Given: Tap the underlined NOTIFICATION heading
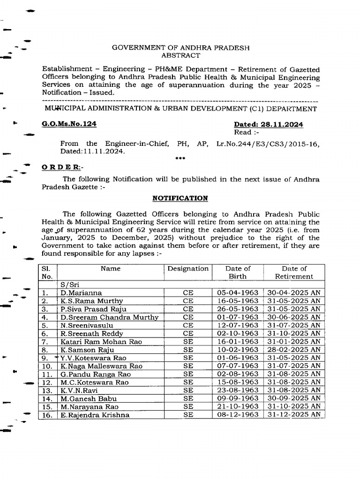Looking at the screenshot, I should click(x=180, y=198).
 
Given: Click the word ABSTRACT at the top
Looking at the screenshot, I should click(x=180, y=55).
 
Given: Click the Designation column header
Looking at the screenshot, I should click(x=188, y=269).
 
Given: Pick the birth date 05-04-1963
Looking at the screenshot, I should click(x=238, y=292).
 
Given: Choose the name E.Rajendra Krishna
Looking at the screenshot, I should click(x=95, y=414).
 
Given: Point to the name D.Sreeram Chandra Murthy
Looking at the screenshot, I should click(x=109, y=317).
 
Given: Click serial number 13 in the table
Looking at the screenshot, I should click(x=46, y=390).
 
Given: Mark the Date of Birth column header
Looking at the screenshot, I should click(x=238, y=272).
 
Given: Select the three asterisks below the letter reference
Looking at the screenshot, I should click(x=180, y=158).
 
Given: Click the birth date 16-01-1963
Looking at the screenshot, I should click(x=238, y=341).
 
